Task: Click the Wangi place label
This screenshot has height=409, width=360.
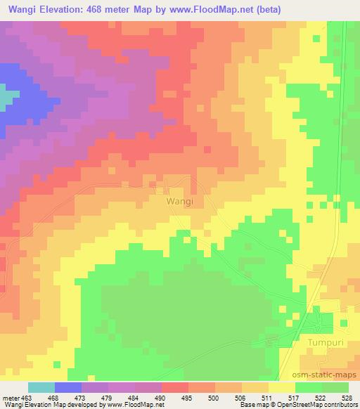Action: [180, 200]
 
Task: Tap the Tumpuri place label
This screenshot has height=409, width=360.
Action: [325, 342]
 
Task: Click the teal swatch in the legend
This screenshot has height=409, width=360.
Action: [41, 387]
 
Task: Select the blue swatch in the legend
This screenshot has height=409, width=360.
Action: [68, 387]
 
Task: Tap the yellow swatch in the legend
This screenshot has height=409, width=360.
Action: [282, 387]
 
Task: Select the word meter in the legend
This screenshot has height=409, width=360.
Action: [10, 397]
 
